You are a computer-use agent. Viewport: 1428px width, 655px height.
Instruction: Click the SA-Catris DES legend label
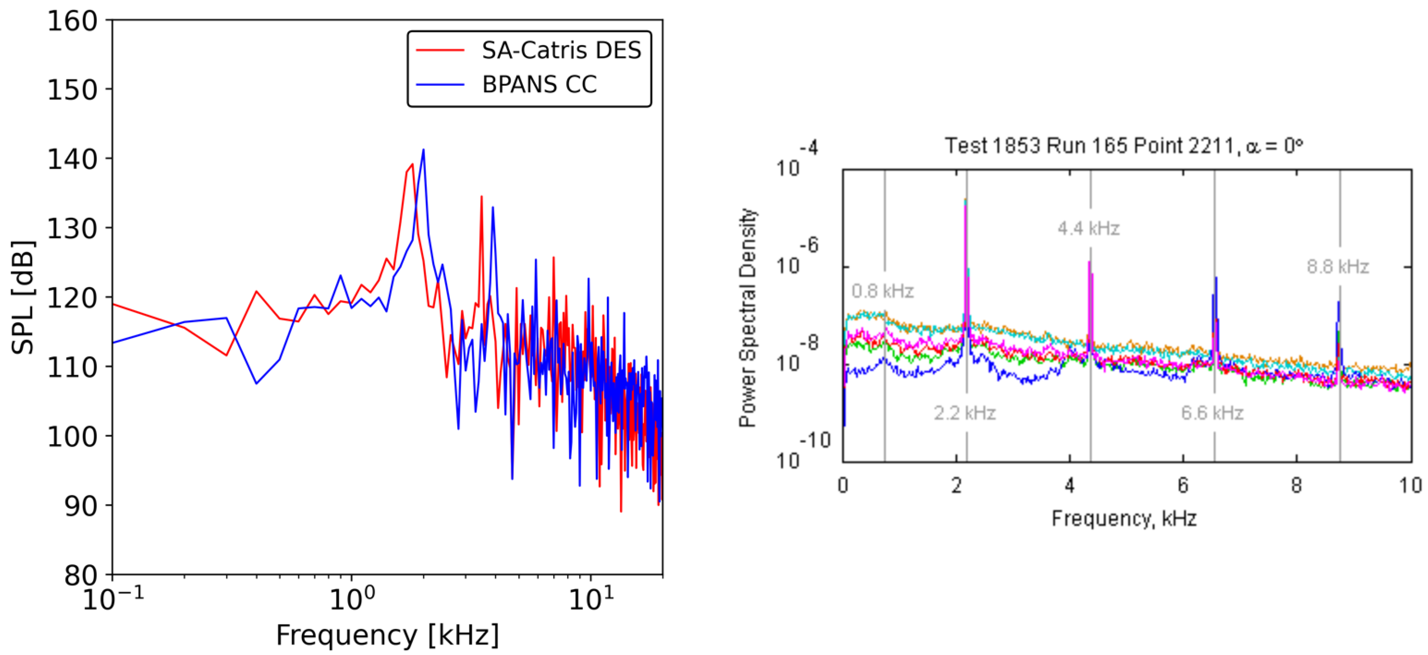tap(561, 51)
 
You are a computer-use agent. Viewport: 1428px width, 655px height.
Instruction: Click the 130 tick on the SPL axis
tap(72, 228)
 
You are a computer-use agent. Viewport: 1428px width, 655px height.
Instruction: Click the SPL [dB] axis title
tap(23, 298)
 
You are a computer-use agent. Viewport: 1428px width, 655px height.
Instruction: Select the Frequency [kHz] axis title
tap(387, 635)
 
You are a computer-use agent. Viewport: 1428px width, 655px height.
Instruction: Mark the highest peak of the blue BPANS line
tap(423, 150)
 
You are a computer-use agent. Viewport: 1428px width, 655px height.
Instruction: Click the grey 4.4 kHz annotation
tap(1088, 228)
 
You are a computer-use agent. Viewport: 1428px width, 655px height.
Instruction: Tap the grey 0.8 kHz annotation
tap(882, 291)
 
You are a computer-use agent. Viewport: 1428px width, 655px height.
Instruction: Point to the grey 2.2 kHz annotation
tap(965, 413)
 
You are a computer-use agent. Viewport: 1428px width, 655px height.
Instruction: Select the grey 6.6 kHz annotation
tap(1212, 413)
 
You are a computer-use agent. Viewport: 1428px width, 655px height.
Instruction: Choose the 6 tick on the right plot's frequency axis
tap(1183, 485)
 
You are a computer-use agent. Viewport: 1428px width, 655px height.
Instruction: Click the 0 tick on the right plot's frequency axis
tap(843, 485)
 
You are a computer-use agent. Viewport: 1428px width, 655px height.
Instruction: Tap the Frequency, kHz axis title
tap(1124, 519)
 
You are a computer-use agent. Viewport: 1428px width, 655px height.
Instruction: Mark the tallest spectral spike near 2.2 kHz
tap(965, 201)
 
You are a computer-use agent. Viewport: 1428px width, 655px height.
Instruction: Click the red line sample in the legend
tap(440, 51)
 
